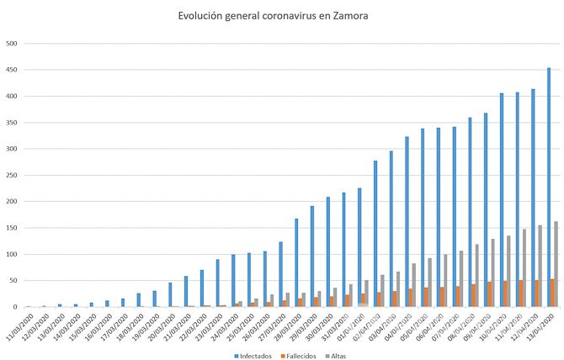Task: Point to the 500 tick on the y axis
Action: [11, 43]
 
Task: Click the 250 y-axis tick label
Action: [11, 175]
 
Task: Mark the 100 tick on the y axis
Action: [11, 254]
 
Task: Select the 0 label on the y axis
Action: [14, 307]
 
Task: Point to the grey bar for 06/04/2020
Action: [446, 280]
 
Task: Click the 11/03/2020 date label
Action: [19, 323]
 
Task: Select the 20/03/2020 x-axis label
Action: [162, 323]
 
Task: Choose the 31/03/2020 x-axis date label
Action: [336, 323]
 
